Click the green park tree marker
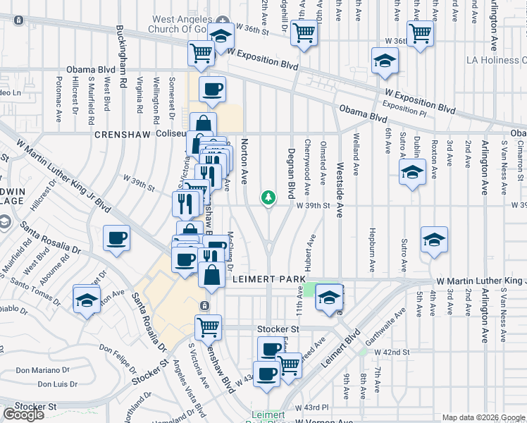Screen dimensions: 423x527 click(268, 197)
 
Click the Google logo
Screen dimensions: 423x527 click(23, 414)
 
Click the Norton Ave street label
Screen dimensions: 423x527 click(245, 159)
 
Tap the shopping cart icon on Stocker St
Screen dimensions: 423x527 click(209, 326)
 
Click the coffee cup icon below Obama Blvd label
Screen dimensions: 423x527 click(212, 90)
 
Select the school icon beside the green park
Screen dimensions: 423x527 click(328, 296)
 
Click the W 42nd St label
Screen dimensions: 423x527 click(392, 352)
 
